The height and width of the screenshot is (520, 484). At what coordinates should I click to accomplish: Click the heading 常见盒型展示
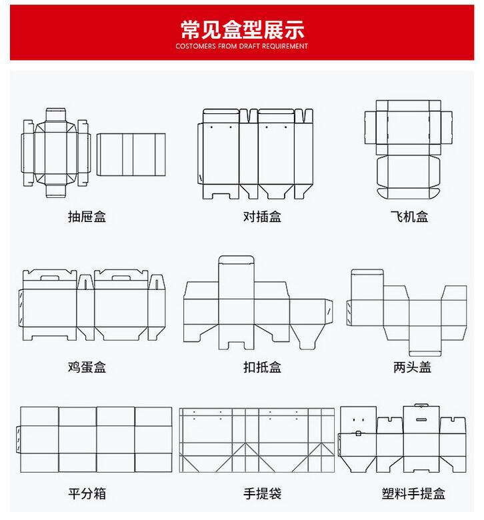click(x=242, y=29)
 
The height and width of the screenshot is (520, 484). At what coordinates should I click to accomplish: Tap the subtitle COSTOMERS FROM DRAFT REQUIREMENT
click(x=242, y=47)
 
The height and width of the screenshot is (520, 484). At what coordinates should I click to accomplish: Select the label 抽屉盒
click(x=87, y=217)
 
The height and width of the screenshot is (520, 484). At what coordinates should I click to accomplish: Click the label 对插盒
click(x=262, y=217)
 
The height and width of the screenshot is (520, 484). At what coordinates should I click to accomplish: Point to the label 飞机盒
click(x=409, y=217)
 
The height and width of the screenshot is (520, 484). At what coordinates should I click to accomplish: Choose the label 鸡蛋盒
click(x=87, y=366)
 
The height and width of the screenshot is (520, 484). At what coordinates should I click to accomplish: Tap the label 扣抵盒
click(x=262, y=366)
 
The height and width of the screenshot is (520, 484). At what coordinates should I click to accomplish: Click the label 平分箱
click(x=87, y=494)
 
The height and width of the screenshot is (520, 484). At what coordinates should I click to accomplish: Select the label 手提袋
click(x=262, y=494)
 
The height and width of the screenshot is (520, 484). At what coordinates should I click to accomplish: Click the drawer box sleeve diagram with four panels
click(x=131, y=154)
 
